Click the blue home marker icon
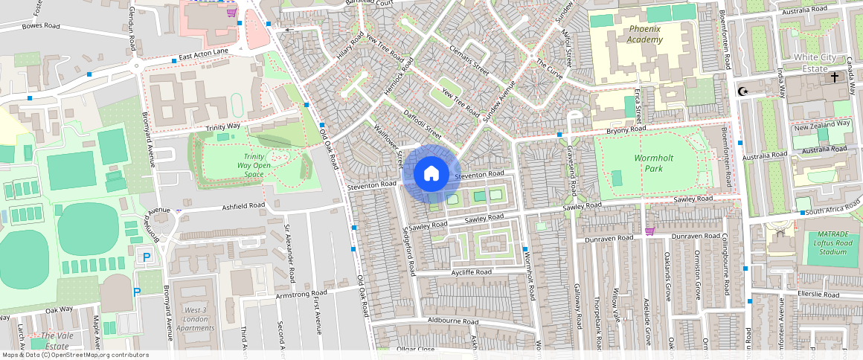(431, 174)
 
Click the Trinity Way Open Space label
(254, 164)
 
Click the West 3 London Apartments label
(195, 318)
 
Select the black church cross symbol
(835, 77)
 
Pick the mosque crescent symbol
(742, 91)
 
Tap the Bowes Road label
(41, 26)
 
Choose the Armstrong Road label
(301, 295)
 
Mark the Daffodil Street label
(422, 125)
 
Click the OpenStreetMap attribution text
(75, 355)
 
